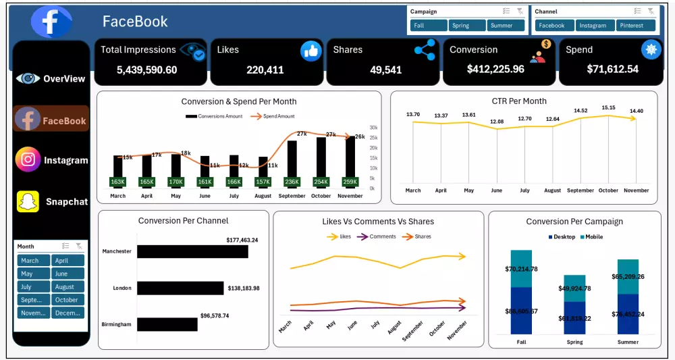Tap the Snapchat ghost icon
28,201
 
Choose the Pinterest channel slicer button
635,26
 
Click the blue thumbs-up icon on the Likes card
310,51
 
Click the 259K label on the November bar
350,182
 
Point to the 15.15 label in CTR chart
608,107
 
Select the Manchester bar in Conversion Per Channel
192,251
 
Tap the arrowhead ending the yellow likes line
462,256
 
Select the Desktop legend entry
562,237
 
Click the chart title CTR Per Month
519,101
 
